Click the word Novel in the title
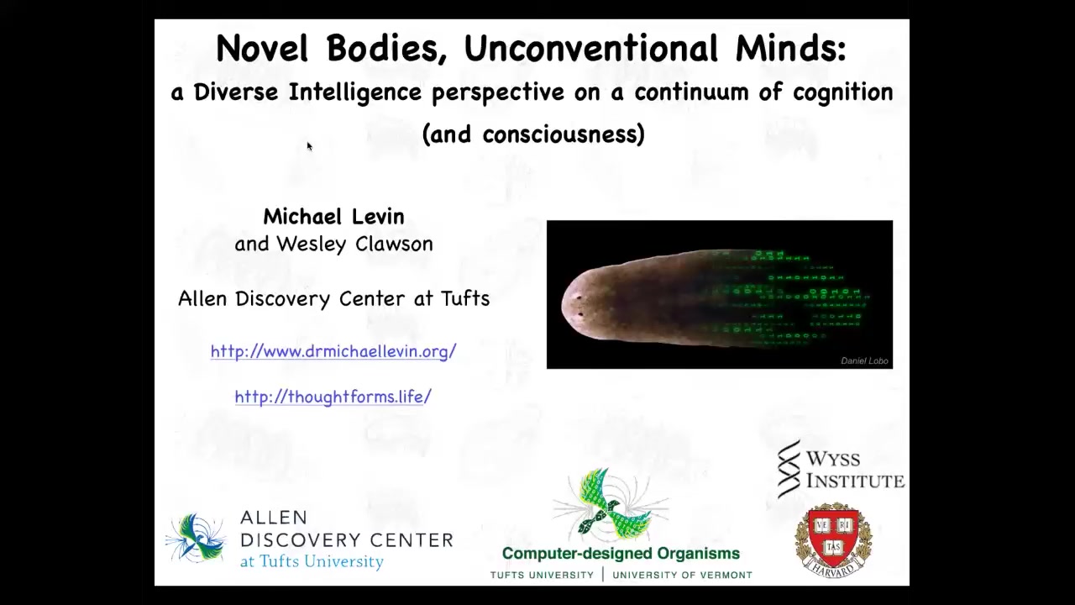[x=261, y=48]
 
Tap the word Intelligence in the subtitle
[x=355, y=93]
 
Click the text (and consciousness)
[x=533, y=134]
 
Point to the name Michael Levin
[x=333, y=217]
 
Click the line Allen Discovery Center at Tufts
[x=333, y=298]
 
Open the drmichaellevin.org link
[x=333, y=351]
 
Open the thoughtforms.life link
[x=333, y=397]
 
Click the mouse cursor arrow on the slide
[x=310, y=146]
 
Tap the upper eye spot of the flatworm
[x=579, y=297]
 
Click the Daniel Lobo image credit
[x=864, y=360]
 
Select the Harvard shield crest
[x=834, y=539]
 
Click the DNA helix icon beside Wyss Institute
[x=789, y=469]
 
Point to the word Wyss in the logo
[x=833, y=459]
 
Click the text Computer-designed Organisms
[x=621, y=554]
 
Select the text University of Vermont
[x=683, y=576]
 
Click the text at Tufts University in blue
[x=312, y=561]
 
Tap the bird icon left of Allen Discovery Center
[x=196, y=537]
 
